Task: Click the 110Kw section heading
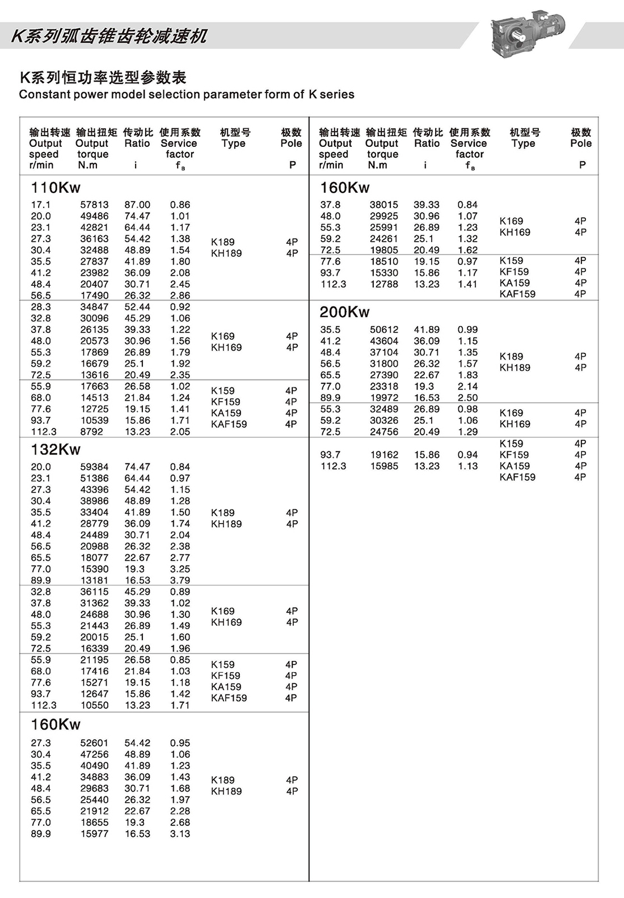(x=56, y=187)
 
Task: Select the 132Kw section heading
(x=56, y=449)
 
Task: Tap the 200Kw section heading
(x=344, y=311)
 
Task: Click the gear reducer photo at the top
(x=527, y=34)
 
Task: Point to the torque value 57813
(x=94, y=205)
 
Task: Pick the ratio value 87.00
(x=137, y=205)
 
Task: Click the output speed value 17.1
(x=41, y=205)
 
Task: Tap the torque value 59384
(x=94, y=467)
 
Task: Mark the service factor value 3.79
(x=180, y=580)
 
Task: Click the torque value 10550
(x=94, y=705)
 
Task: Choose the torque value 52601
(x=94, y=743)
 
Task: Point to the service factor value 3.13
(x=180, y=834)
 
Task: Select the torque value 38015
(x=384, y=205)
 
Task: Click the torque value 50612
(x=384, y=330)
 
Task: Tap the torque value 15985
(x=384, y=466)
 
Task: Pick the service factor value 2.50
(x=468, y=398)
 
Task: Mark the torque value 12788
(x=384, y=284)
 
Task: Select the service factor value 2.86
(x=180, y=296)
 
